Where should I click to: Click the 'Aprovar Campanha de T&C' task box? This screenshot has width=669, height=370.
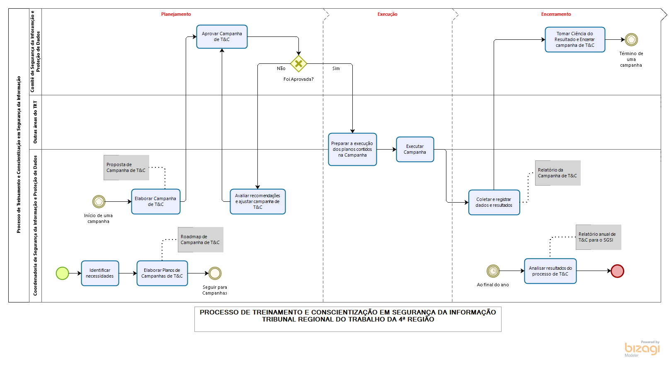[x=222, y=37]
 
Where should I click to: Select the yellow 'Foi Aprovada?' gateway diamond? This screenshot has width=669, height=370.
[x=298, y=64]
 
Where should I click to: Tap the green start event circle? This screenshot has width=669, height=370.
[x=62, y=273]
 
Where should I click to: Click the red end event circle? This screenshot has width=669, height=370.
[x=617, y=271]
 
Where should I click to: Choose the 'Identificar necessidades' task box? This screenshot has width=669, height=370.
[x=100, y=273]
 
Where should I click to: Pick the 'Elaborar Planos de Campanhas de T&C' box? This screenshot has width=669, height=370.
[x=162, y=273]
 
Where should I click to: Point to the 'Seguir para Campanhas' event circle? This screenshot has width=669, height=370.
[x=215, y=273]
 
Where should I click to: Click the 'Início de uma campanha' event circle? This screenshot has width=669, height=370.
[x=99, y=202]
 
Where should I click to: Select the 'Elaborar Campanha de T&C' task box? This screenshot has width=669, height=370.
[x=155, y=202]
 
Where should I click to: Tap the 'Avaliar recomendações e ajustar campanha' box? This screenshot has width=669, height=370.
[x=257, y=202]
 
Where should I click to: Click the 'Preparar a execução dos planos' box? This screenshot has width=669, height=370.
[x=352, y=150]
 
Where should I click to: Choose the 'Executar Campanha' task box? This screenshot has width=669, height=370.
[x=415, y=150]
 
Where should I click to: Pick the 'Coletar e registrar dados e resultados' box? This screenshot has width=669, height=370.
[x=494, y=203]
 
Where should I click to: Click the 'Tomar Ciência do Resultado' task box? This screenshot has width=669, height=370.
[x=575, y=40]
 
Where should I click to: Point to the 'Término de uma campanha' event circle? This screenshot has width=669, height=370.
[x=631, y=40]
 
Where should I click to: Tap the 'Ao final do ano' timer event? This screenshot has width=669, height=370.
[x=493, y=271]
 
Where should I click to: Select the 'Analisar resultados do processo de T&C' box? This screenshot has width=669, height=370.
[x=550, y=271]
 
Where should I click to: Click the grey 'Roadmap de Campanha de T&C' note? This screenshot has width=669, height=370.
[x=201, y=240]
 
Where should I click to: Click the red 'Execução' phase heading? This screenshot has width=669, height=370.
[x=387, y=14]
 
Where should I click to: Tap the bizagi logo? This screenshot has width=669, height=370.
[x=642, y=349]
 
